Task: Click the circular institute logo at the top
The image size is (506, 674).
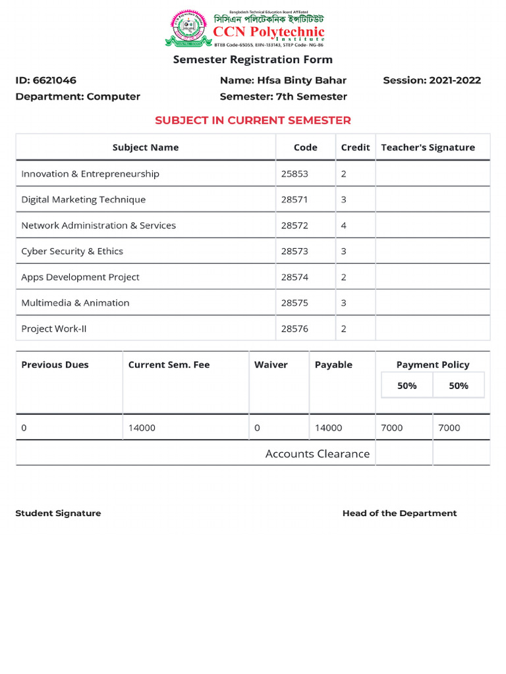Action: click(x=187, y=28)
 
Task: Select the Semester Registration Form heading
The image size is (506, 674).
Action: click(x=252, y=60)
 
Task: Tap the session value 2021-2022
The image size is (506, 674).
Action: click(x=455, y=80)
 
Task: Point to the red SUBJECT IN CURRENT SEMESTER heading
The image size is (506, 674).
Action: click(x=252, y=120)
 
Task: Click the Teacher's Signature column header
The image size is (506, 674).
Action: click(x=428, y=147)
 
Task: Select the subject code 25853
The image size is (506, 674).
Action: click(x=295, y=174)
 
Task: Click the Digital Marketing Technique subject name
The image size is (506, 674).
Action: click(x=84, y=199)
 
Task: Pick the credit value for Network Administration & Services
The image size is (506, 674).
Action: click(x=343, y=225)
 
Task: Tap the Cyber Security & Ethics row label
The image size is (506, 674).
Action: click(x=72, y=251)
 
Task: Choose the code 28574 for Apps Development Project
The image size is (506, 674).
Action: click(x=295, y=277)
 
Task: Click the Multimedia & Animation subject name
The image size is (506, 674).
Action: click(x=75, y=303)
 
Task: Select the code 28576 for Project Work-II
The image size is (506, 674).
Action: click(x=295, y=328)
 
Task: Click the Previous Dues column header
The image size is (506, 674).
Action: click(x=55, y=365)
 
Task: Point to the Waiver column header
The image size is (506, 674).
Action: click(x=271, y=365)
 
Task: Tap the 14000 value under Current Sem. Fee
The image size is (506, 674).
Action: click(x=142, y=428)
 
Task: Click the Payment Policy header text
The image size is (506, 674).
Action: click(x=433, y=365)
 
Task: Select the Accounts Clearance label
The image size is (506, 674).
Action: click(x=317, y=454)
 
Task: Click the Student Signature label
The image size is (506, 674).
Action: click(x=58, y=513)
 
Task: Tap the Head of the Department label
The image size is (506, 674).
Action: click(x=399, y=513)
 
